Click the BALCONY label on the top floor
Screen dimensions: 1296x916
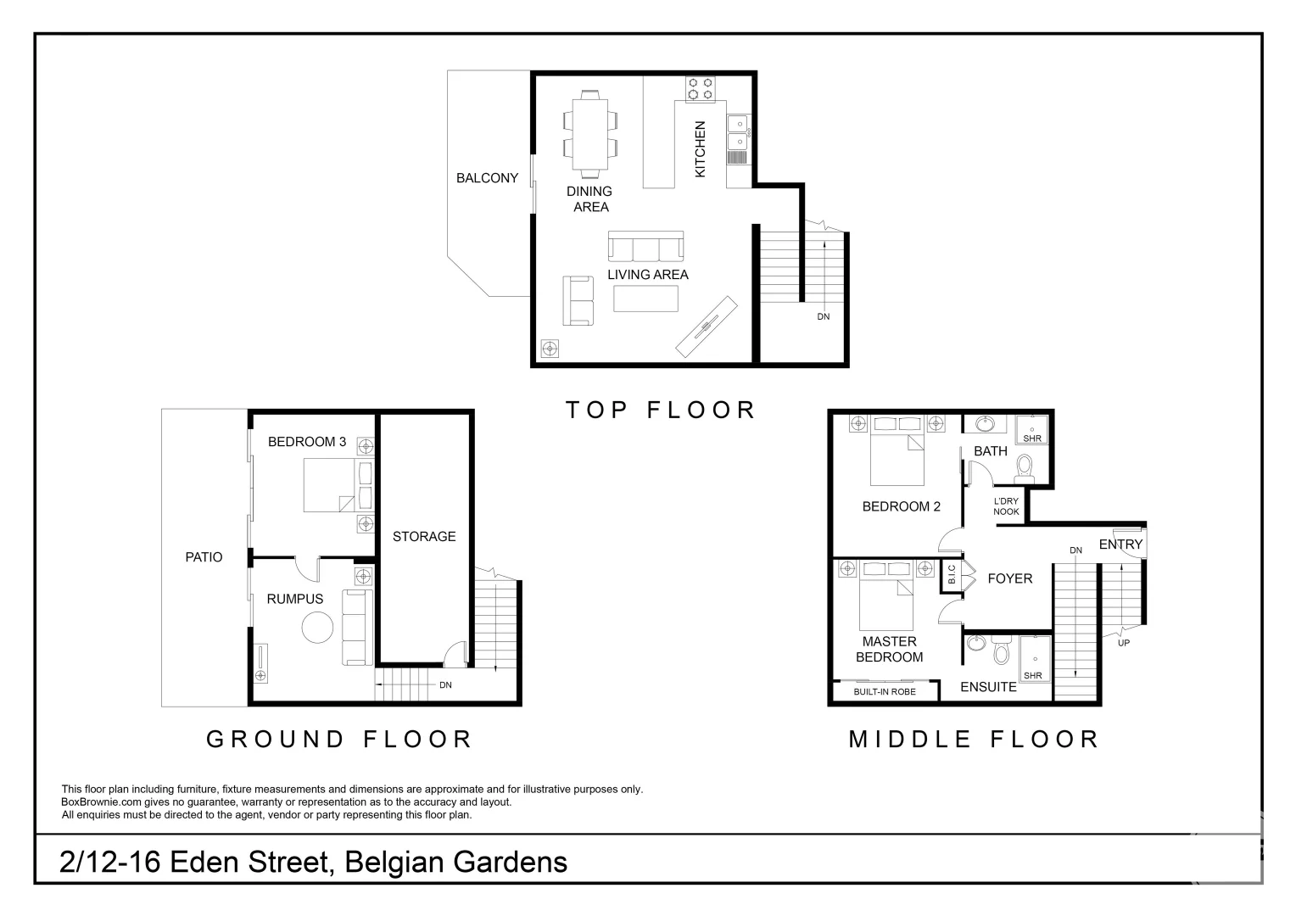pyautogui.click(x=487, y=177)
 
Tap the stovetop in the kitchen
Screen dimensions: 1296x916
pyautogui.click(x=700, y=89)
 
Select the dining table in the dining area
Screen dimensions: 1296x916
pyautogui.click(x=590, y=134)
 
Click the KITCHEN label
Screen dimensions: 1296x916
pyautogui.click(x=700, y=148)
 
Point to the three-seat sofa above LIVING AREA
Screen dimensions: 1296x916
pyautogui.click(x=645, y=246)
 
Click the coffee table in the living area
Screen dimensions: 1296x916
pyautogui.click(x=645, y=299)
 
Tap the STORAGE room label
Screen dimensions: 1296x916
pyautogui.click(x=424, y=536)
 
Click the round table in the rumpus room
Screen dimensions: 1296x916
pyautogui.click(x=317, y=628)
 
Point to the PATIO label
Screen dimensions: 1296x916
pyautogui.click(x=204, y=556)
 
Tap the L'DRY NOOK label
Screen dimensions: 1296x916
pyautogui.click(x=1006, y=506)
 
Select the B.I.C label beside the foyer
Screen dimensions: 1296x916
pyautogui.click(x=952, y=574)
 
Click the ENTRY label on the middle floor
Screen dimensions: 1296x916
pyautogui.click(x=1120, y=544)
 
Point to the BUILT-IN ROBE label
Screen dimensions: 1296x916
pyautogui.click(x=885, y=691)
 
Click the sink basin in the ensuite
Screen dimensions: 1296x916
pyautogui.click(x=975, y=643)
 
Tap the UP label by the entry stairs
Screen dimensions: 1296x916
pyautogui.click(x=1124, y=643)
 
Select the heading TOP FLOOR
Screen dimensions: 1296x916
pyautogui.click(x=660, y=410)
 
